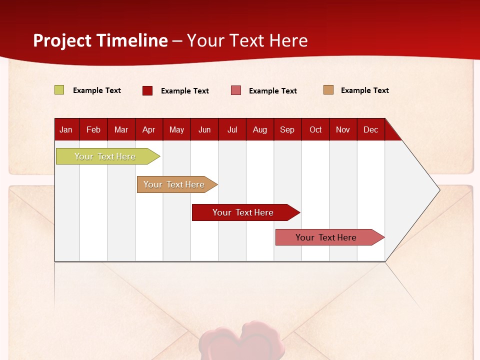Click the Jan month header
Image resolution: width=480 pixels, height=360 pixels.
(x=66, y=130)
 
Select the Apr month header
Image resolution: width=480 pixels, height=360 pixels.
(x=149, y=130)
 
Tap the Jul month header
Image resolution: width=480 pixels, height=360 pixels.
(x=232, y=130)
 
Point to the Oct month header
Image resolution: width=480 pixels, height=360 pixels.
(x=315, y=130)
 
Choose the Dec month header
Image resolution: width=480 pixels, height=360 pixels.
(x=370, y=130)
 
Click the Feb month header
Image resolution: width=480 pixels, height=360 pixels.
(x=93, y=130)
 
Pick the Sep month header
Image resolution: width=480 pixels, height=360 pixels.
(x=287, y=130)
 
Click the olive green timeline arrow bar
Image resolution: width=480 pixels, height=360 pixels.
(x=108, y=156)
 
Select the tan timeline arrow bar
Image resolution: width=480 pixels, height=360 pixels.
(x=177, y=184)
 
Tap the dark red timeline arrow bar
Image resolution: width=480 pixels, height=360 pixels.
(x=246, y=212)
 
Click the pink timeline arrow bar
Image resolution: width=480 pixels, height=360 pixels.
(x=330, y=237)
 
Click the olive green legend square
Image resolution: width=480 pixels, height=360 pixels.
(x=59, y=89)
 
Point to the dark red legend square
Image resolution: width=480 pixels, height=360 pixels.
(x=147, y=90)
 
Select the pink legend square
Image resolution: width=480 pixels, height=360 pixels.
(x=236, y=90)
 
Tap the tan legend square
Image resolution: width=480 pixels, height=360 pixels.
(x=328, y=89)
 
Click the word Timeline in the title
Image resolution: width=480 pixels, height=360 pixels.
(x=132, y=40)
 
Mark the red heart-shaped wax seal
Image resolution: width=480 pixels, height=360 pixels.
(x=242, y=340)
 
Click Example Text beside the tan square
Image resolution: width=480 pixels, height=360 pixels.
(x=365, y=90)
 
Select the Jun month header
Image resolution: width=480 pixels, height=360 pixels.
(x=204, y=130)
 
